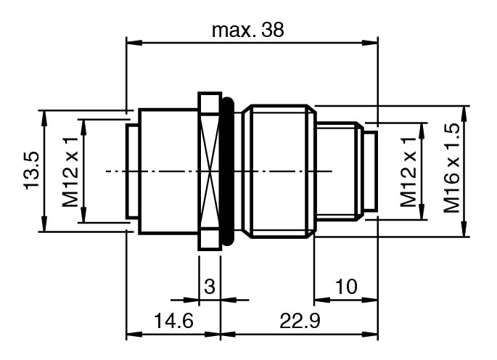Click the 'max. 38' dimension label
[x=248, y=30]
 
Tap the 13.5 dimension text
[x=32, y=171]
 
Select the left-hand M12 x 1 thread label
[x=70, y=172]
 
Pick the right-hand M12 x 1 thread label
[x=408, y=172]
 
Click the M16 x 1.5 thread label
[x=452, y=168]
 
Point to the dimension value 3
[x=210, y=287]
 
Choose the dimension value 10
[x=346, y=287]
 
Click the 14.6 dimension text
[x=173, y=320]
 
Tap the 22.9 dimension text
[x=300, y=320]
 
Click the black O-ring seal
[x=227, y=171]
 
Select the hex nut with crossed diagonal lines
[x=209, y=171]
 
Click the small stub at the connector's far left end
[x=132, y=171]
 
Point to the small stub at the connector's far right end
[x=371, y=171]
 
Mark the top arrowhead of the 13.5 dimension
[x=44, y=118]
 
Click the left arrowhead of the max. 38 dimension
[x=134, y=43]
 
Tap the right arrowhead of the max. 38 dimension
[x=370, y=43]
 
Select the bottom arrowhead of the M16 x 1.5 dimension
[x=464, y=229]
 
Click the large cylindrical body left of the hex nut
[x=168, y=171]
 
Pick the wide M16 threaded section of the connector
[x=279, y=171]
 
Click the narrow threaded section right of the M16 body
[x=340, y=171]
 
